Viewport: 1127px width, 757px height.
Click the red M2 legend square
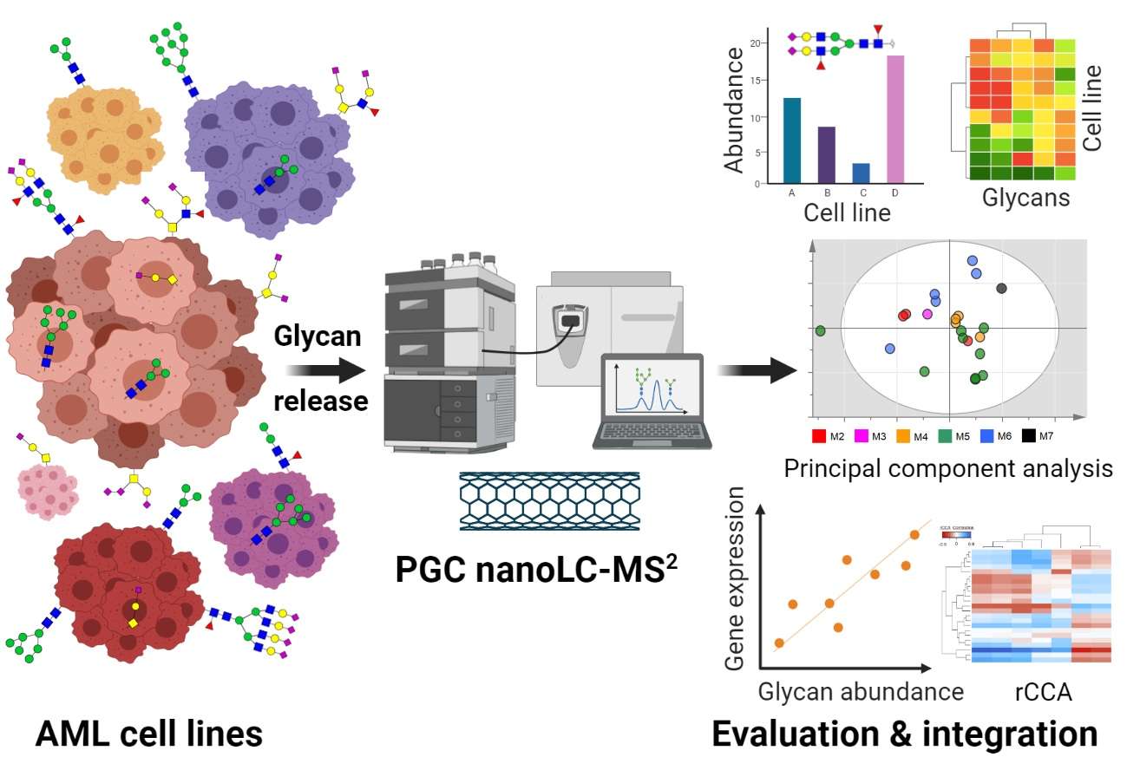coord(817,434)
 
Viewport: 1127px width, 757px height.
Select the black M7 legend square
coord(1030,434)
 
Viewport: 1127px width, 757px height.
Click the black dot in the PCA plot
coord(1002,288)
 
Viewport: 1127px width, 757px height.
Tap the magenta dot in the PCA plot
coord(927,313)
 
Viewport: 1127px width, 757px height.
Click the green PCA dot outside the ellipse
coord(820,330)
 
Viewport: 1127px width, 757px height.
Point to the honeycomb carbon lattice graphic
coord(548,501)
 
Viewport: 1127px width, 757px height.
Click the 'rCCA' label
coord(1044,691)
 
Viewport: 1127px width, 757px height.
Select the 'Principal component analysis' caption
coord(947,469)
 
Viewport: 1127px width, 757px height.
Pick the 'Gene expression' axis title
coord(735,578)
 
